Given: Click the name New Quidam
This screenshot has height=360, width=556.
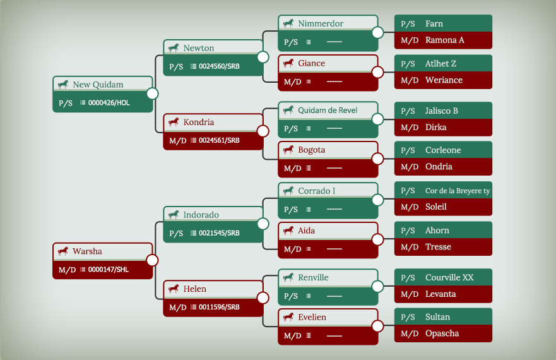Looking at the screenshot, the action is point(98,85).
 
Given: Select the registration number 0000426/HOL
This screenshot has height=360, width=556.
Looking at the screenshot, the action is point(109,103).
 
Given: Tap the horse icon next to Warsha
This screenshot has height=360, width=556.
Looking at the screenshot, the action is point(63,251).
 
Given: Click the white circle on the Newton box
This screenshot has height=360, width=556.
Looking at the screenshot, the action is point(263,57).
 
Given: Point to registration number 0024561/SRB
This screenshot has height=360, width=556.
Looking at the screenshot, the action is point(219,140).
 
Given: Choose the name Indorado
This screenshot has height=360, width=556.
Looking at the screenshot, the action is point(201,215).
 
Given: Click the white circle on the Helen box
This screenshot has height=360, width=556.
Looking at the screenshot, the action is point(263,298).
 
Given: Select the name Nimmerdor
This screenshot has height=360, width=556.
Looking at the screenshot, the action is point(321,23).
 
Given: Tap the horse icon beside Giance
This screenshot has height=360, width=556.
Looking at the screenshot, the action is point(288,63).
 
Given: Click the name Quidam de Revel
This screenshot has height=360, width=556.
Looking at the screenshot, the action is point(328,110).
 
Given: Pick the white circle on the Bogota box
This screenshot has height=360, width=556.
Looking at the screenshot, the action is point(377,159).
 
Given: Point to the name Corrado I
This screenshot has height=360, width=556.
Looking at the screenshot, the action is point(316,191).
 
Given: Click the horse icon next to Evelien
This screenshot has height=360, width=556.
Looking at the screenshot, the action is point(288,317).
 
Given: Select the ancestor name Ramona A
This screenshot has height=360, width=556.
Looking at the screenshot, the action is point(445,40).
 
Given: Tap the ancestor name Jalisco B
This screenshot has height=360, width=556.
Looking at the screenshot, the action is point(442,111).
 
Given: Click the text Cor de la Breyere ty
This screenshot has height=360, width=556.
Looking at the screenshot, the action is point(458,191).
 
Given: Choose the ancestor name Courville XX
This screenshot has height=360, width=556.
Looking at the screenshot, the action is point(449,277).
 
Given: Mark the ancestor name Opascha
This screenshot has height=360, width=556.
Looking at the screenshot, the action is point(442,333).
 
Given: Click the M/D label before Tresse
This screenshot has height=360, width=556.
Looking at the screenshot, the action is point(410,247).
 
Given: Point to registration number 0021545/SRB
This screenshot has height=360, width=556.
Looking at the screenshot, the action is point(219,233).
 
